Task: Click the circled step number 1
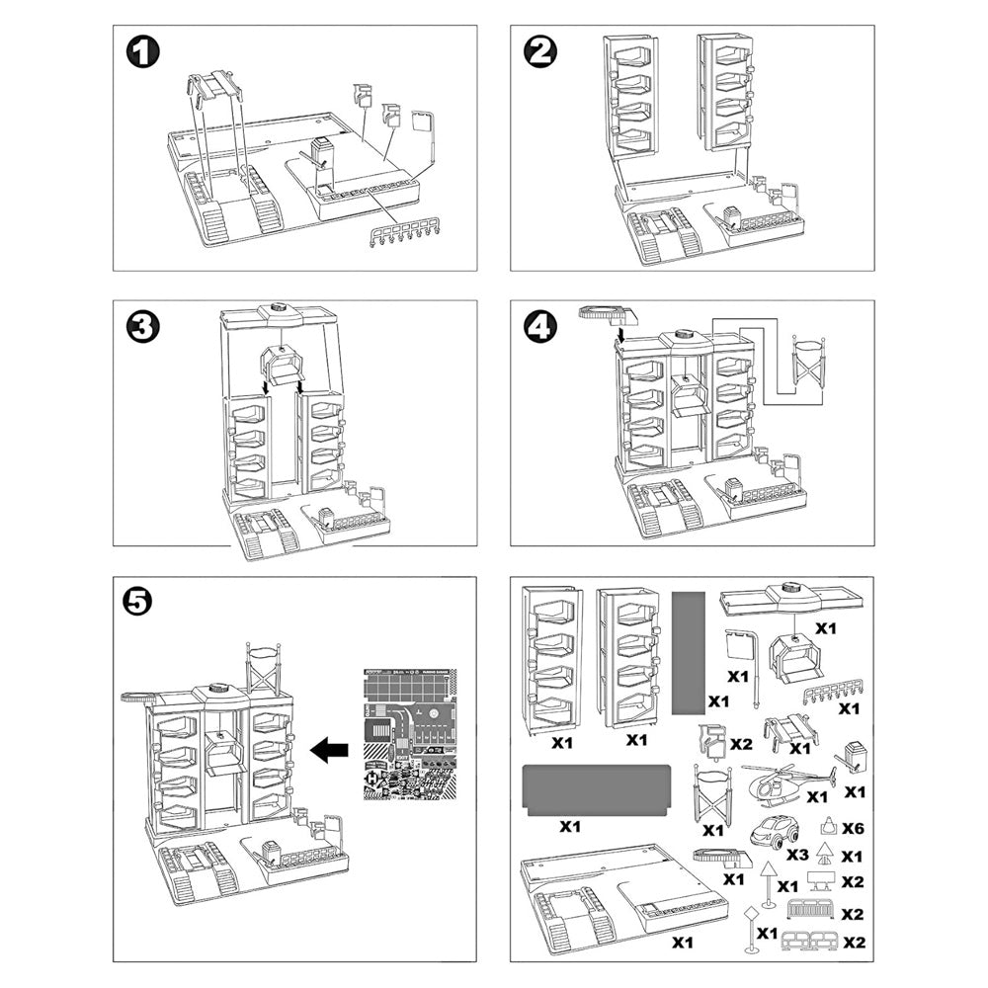pos(144,52)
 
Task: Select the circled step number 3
pos(144,327)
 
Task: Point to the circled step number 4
pos(539,327)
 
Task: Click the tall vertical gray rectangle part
pos(687,652)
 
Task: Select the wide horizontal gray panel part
pos(597,787)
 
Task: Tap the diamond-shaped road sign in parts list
pos(750,912)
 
